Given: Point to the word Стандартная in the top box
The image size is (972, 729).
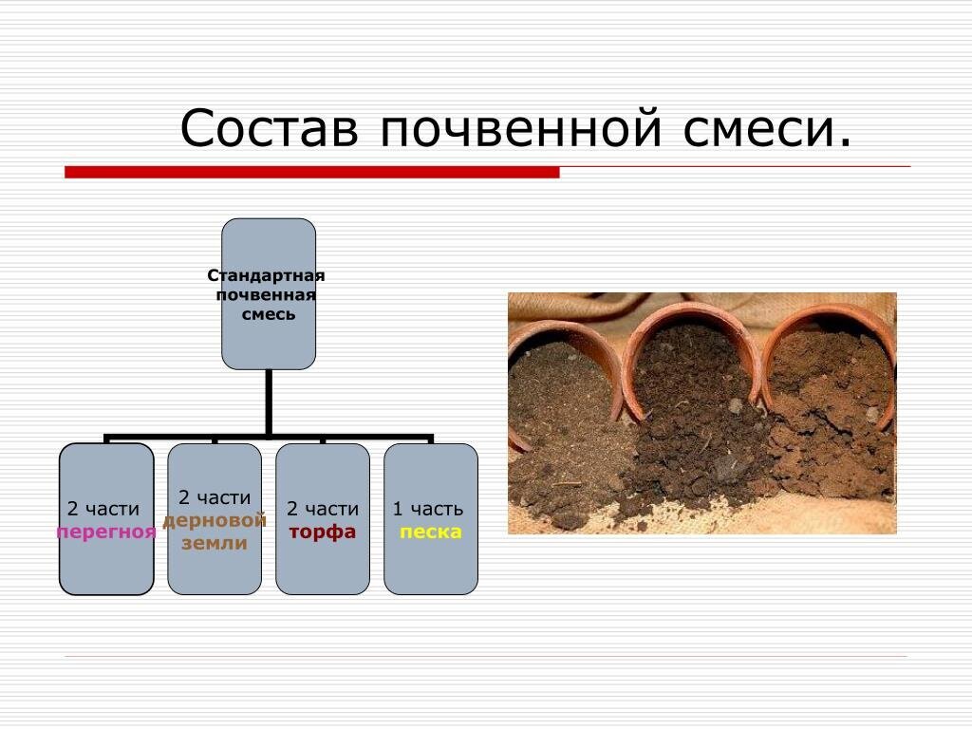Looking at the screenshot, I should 267,275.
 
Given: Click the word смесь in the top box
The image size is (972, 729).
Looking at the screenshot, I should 268,314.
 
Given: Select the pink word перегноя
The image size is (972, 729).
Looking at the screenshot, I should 105,533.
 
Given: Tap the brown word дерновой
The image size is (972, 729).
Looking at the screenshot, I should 215,520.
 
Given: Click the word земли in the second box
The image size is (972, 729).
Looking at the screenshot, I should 215,544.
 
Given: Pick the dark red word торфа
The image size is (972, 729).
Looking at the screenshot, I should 323,533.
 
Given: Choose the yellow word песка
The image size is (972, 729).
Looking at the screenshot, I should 430,533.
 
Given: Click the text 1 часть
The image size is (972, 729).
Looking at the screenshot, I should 428,510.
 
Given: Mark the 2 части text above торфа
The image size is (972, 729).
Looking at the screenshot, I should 323,510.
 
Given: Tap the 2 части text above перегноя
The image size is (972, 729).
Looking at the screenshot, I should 103,510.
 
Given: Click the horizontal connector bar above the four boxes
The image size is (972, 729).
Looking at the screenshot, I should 269,439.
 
